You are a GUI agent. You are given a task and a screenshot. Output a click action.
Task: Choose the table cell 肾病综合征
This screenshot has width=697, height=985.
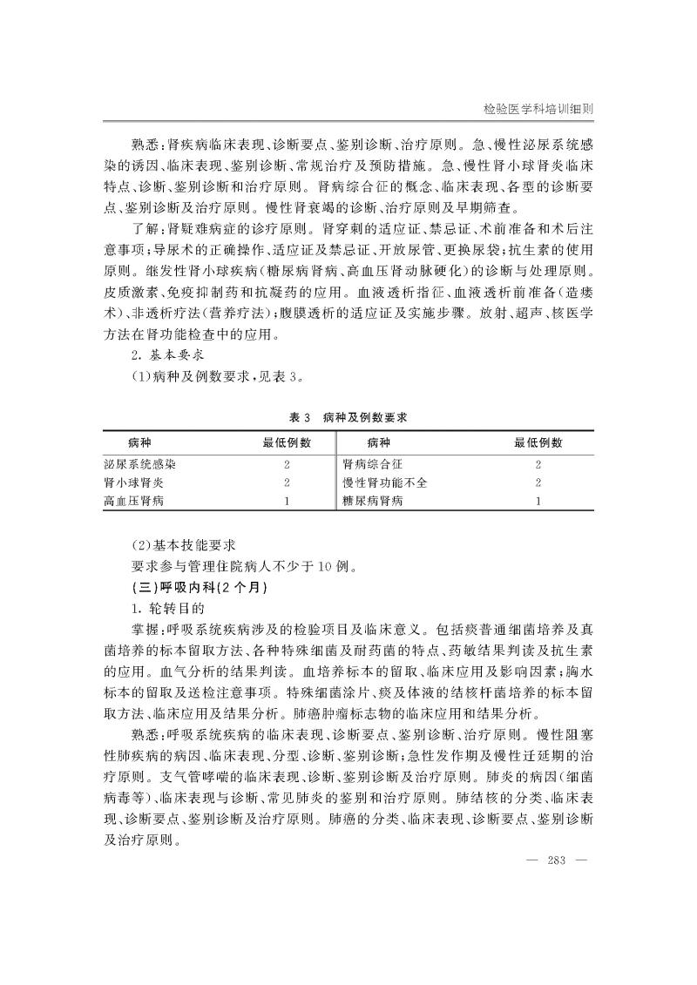(x=372, y=464)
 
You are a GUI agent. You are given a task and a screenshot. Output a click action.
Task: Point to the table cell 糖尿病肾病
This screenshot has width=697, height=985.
(x=372, y=501)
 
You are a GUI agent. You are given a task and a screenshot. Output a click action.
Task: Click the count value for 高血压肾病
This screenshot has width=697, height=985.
(x=287, y=501)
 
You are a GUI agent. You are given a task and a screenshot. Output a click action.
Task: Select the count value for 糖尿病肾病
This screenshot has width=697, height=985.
(x=538, y=501)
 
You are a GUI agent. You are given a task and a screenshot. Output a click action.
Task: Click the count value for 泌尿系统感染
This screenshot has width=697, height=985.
(x=287, y=464)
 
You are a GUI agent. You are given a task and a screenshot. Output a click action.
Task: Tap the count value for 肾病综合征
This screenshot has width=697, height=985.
(x=538, y=464)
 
